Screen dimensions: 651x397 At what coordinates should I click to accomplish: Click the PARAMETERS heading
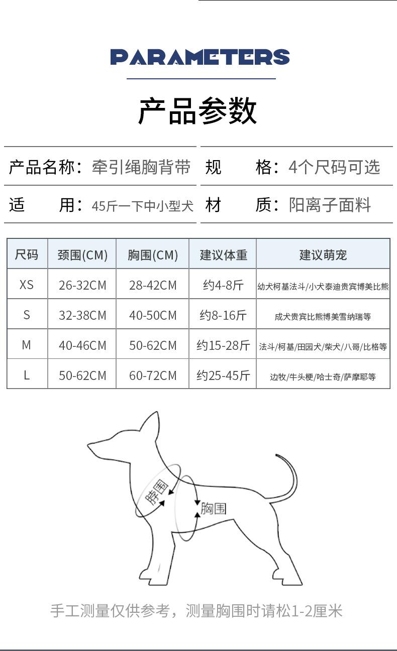(x=200, y=57)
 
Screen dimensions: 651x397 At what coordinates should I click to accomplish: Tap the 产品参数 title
(x=197, y=111)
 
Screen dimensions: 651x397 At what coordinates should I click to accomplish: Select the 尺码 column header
(x=27, y=254)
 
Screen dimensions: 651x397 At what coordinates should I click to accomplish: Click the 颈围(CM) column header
(x=82, y=255)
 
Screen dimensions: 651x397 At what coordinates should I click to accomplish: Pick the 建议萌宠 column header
(x=323, y=255)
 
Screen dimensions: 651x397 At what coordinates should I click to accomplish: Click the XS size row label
(x=27, y=285)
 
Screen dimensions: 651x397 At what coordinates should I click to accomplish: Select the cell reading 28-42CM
(x=153, y=285)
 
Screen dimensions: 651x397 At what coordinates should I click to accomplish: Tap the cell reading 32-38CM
(x=82, y=315)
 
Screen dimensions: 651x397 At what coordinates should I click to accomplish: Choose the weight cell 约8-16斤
(x=223, y=315)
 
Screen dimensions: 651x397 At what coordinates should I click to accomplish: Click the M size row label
(x=27, y=345)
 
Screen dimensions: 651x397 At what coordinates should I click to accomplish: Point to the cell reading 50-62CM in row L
(x=82, y=375)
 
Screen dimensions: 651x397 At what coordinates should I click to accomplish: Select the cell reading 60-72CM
(x=153, y=375)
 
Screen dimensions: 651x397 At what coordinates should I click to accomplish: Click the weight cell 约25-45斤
(x=223, y=375)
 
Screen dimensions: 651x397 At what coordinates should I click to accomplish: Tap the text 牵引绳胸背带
(x=141, y=167)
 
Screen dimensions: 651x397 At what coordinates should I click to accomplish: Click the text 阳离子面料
(x=330, y=205)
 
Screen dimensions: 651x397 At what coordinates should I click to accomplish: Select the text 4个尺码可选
(x=334, y=167)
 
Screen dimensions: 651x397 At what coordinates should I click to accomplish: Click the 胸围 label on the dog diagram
(x=214, y=508)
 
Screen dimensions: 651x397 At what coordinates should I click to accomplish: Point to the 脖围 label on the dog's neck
(x=157, y=492)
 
